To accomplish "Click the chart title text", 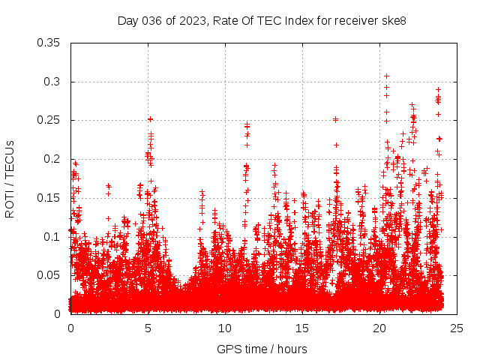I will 262,20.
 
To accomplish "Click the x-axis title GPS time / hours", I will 262,349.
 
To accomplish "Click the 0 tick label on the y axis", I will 58,314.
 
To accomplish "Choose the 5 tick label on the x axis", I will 148,328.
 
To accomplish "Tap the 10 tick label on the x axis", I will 225,328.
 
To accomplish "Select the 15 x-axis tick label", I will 302,328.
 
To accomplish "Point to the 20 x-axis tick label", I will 379,328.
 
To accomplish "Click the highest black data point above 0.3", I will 386,76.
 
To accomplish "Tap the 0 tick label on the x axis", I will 70,328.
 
